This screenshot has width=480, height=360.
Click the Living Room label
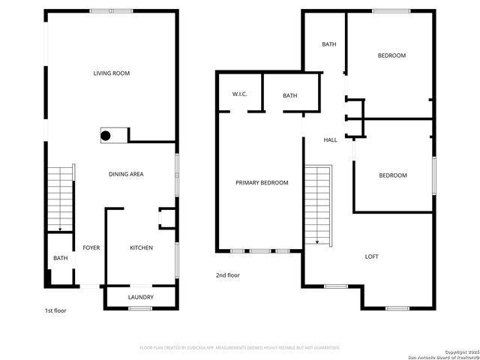112,73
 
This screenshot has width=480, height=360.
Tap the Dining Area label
126,174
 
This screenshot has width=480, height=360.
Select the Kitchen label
141,248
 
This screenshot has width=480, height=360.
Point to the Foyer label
91,248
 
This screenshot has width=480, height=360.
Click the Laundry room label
140,298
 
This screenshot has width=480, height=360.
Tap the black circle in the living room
106,136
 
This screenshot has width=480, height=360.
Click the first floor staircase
60,199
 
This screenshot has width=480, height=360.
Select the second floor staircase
318,204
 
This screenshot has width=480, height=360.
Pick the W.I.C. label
240,94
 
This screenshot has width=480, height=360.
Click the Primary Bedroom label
262,183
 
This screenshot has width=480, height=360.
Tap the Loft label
371,256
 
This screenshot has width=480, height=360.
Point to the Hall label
330,140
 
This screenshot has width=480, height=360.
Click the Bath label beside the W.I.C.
290,95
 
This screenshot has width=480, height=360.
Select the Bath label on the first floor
60,259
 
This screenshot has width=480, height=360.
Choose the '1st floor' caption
55,310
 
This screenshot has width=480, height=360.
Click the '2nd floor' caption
228,275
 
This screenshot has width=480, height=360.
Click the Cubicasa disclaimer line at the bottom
240,347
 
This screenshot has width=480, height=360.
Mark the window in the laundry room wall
140,307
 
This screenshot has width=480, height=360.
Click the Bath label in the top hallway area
328,44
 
